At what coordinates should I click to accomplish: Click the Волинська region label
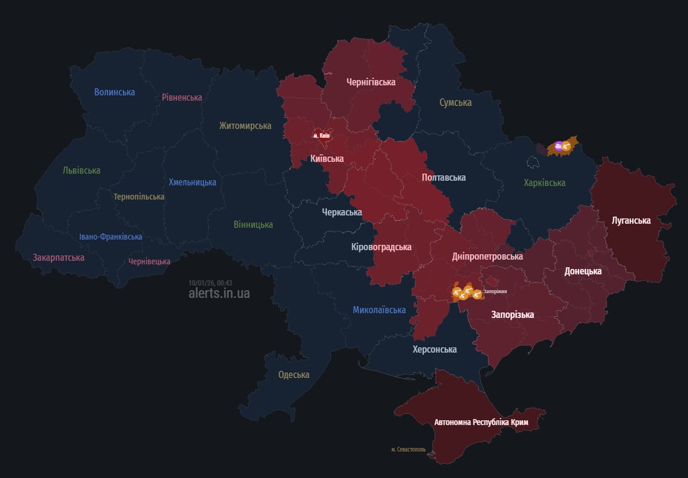pos(114,92)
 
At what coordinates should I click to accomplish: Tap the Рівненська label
pos(182,98)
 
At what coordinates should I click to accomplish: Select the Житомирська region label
pos(245,126)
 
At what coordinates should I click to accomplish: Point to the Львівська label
pos(81,171)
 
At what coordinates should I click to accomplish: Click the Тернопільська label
pos(139,197)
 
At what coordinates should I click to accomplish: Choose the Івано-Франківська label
pos(111,237)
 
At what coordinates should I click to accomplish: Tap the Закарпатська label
pos(58,257)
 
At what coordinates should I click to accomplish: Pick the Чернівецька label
pos(149,261)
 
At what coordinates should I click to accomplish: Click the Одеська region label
pos(294,375)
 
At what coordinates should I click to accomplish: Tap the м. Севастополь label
pos(408,449)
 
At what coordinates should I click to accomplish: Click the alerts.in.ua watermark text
pos(219,293)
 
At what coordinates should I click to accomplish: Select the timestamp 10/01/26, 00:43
pos(210,283)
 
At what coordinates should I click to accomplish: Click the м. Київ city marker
pos(321,135)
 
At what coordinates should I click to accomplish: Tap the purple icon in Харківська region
pos(559,146)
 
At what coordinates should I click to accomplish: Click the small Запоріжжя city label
pos(495,291)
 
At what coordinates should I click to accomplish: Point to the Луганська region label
pos(631,221)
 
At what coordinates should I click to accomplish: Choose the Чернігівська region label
pos(371,82)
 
